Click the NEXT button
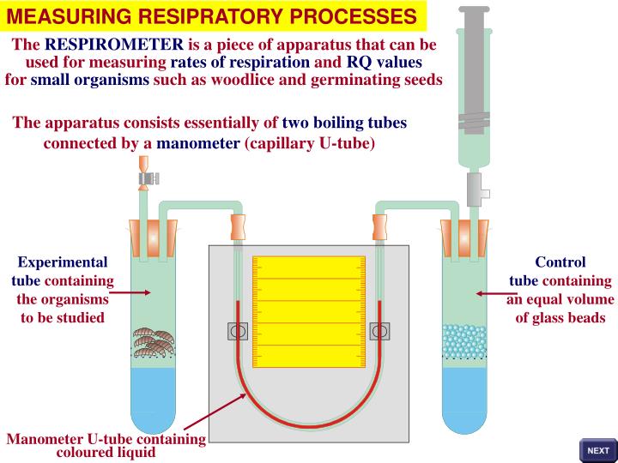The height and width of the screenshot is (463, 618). [x=597, y=450]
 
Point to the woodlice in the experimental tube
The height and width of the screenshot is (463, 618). [x=153, y=340]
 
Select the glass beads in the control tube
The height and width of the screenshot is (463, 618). [x=463, y=340]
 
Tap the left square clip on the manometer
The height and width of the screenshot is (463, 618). [x=238, y=331]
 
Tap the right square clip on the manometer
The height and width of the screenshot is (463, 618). [x=379, y=331]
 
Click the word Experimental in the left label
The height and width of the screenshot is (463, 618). [x=63, y=262]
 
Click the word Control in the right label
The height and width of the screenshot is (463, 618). [x=560, y=262]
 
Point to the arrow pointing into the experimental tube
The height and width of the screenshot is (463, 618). [x=129, y=292]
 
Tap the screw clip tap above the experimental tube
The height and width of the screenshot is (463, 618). [x=147, y=178]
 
